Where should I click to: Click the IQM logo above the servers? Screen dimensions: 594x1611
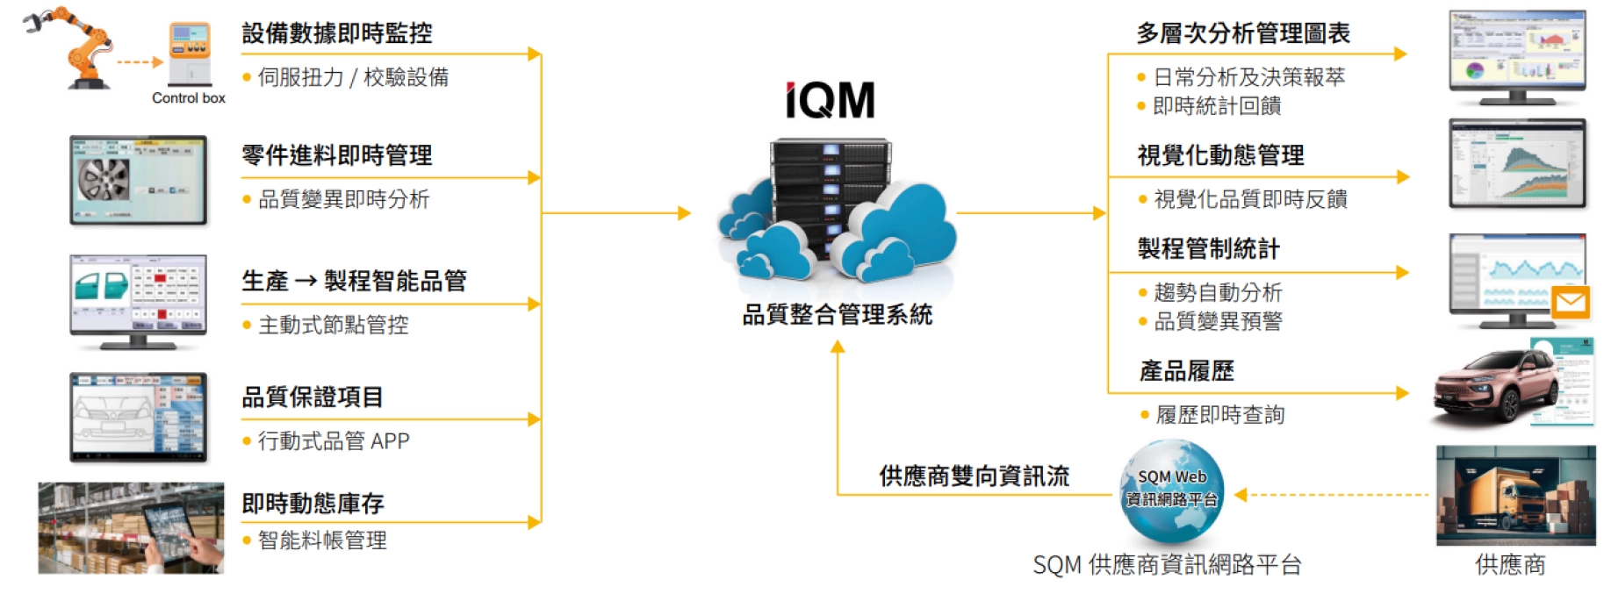(830, 100)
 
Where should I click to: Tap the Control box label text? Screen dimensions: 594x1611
(189, 98)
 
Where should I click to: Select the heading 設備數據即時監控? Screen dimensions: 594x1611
(337, 33)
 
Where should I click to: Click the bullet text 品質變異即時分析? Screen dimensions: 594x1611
(343, 200)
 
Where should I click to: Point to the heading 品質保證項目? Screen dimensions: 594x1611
(313, 397)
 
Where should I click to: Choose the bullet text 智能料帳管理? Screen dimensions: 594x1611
(322, 540)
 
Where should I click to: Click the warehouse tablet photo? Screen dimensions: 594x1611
(132, 527)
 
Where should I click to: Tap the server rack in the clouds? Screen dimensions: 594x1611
(830, 197)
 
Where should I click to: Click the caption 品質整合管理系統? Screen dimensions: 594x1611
(837, 315)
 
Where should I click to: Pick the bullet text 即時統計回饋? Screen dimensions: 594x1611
(1217, 106)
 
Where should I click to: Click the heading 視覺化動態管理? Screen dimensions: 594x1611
(1220, 155)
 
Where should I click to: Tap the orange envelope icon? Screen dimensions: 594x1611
(1570, 303)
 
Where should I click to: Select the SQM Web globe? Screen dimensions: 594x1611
(1172, 491)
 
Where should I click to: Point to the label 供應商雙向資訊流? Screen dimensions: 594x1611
(975, 476)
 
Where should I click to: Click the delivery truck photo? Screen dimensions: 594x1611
(1515, 496)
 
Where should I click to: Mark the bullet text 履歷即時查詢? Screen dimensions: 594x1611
(1220, 415)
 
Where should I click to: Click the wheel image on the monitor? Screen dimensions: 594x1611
(104, 179)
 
